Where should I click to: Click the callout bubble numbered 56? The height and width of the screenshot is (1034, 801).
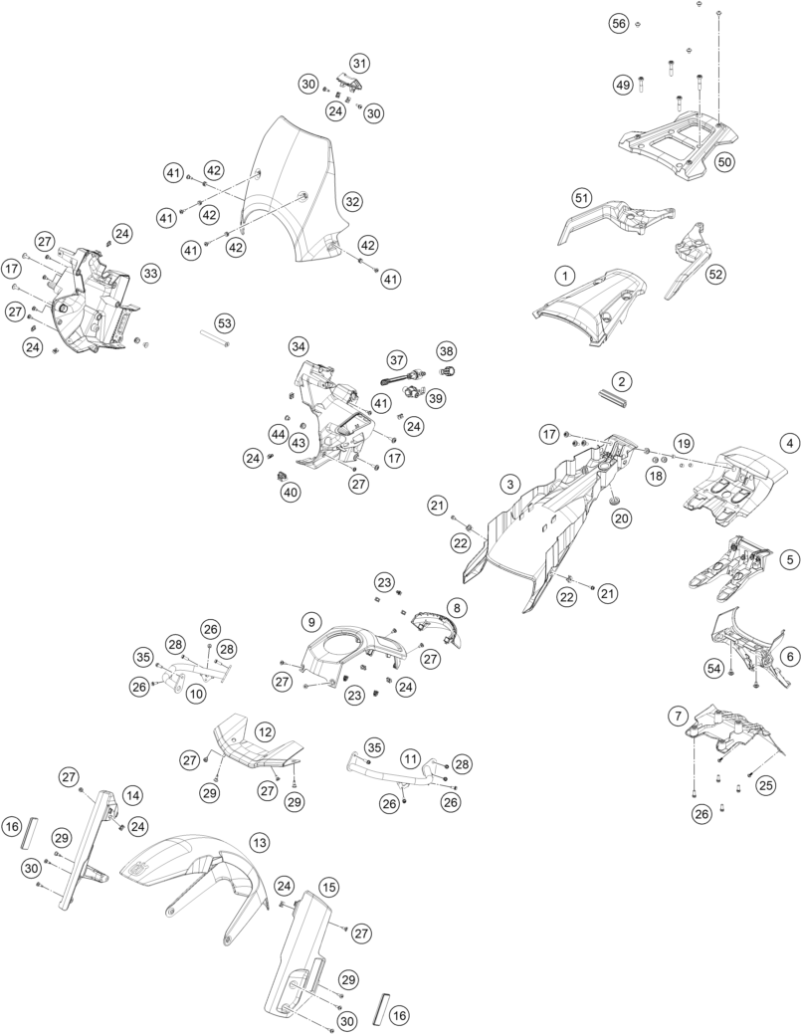tap(618, 24)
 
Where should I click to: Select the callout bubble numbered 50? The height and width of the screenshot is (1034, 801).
tap(723, 161)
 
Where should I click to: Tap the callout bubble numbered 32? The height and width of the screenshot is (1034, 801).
tap(352, 202)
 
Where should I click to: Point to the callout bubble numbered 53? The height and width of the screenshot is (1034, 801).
tap(225, 323)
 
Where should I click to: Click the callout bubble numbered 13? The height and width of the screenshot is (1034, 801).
tap(259, 843)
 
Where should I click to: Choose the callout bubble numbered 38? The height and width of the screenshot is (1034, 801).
tap(447, 350)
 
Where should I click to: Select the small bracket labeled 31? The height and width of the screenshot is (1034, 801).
tap(348, 83)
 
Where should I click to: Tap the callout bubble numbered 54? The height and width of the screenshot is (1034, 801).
tap(713, 669)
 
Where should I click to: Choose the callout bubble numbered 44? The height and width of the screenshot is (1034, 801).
tap(277, 433)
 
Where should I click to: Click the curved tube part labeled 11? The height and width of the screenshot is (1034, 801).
tap(396, 773)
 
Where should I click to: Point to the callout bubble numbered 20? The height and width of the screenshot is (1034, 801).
tap(621, 518)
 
